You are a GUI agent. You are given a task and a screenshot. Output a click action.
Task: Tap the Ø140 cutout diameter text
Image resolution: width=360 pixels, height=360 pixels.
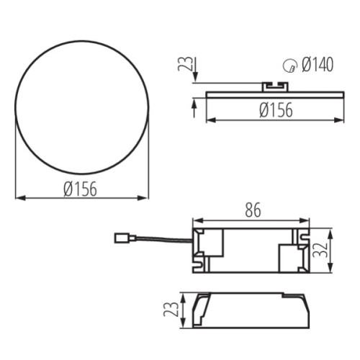(317, 66)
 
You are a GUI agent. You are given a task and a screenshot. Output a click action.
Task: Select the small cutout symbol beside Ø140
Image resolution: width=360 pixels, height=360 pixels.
(289, 66)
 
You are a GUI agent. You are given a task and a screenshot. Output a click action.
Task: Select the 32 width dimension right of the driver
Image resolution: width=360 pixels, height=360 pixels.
(324, 252)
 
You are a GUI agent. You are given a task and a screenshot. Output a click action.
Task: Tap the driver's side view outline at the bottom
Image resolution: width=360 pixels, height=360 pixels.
(248, 309)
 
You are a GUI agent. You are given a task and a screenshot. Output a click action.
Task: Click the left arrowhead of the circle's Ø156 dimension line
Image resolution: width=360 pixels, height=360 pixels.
(19, 197)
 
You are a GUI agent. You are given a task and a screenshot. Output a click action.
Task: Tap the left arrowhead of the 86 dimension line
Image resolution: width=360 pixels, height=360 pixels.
(195, 221)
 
